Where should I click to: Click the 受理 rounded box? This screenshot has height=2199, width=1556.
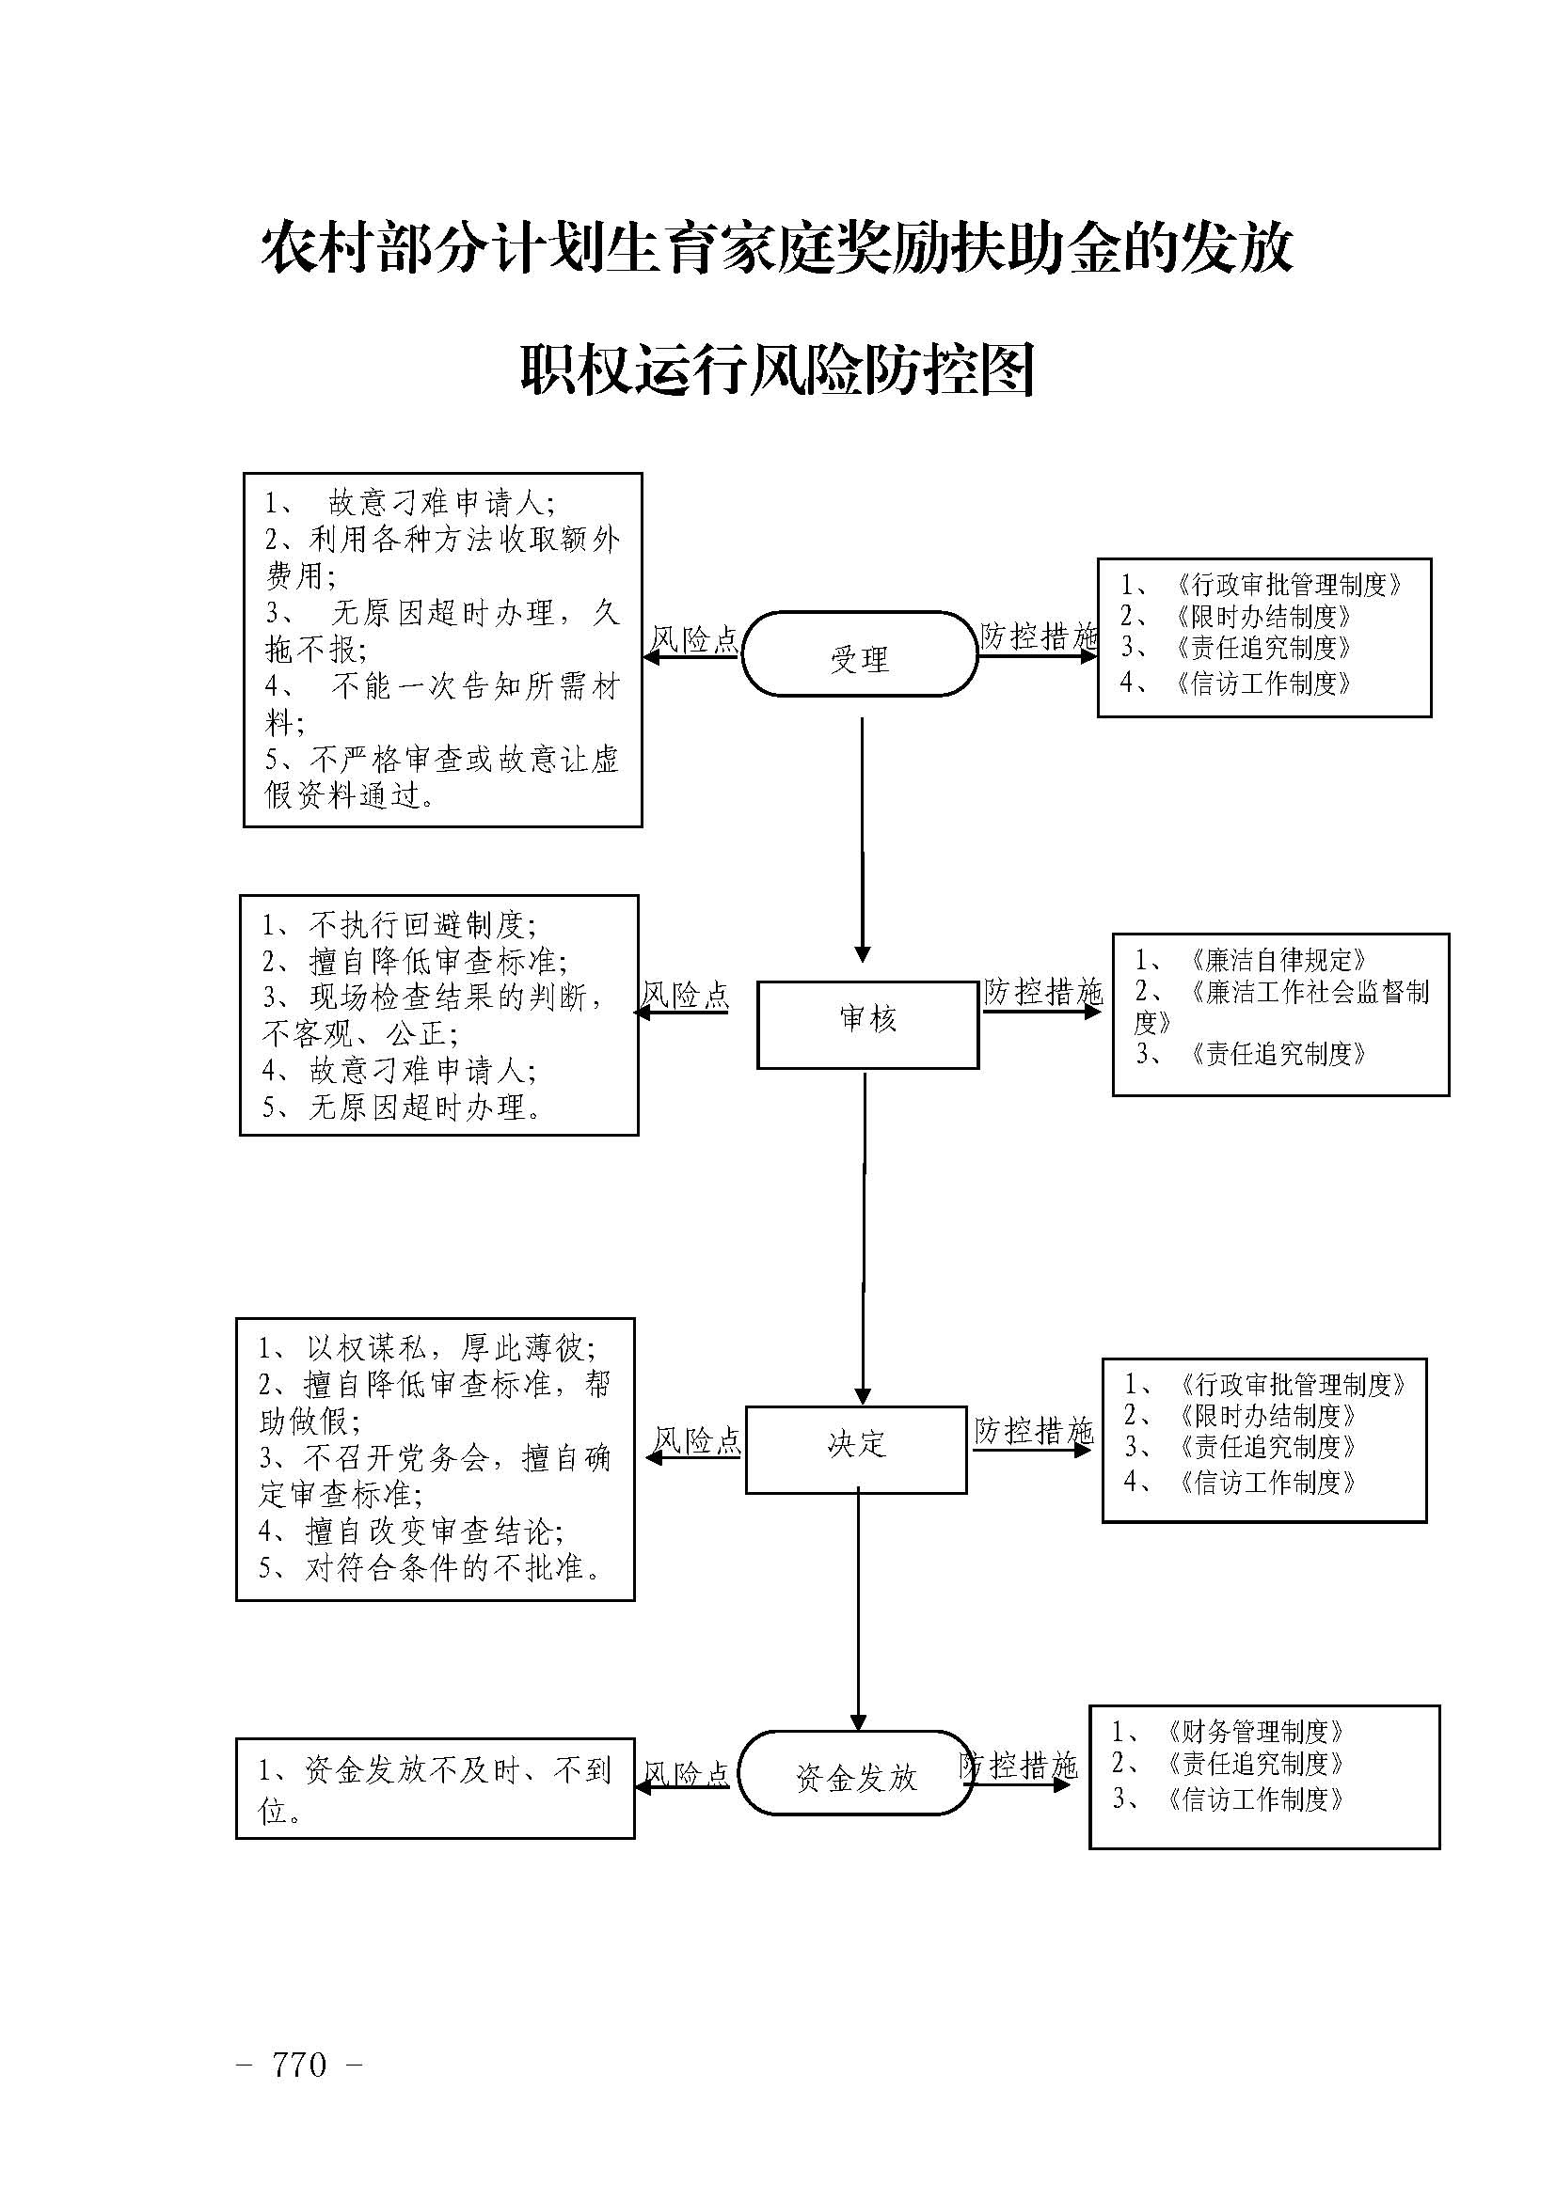[860, 654]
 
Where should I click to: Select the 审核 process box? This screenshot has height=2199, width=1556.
[867, 1024]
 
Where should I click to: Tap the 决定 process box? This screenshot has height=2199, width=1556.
[855, 1449]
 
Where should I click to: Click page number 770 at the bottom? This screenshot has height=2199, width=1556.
[299, 2065]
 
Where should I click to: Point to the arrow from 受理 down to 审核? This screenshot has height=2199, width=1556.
[863, 838]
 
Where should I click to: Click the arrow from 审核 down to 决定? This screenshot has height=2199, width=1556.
[865, 1235]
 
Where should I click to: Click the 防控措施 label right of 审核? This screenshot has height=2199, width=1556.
[1043, 991]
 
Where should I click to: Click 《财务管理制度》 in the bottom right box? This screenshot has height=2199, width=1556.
[1255, 1731]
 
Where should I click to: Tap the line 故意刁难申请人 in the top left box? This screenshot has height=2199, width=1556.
[440, 502]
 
